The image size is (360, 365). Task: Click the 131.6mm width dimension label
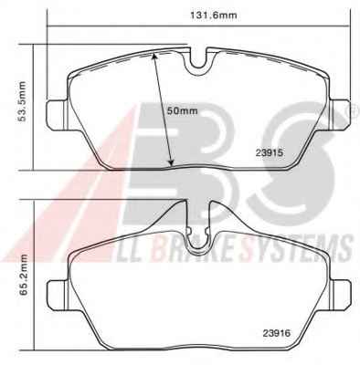[x=213, y=16]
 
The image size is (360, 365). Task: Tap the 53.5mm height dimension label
[x=23, y=101]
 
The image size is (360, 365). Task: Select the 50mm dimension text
[x=183, y=110]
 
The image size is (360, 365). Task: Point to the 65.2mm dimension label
[x=24, y=276]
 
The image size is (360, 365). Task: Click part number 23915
[x=270, y=153]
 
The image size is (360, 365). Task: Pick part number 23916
[x=277, y=333]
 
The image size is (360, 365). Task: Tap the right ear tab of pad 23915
[x=340, y=113]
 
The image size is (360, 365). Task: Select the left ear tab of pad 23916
[x=57, y=294]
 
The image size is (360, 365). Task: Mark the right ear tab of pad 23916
[x=341, y=294]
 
